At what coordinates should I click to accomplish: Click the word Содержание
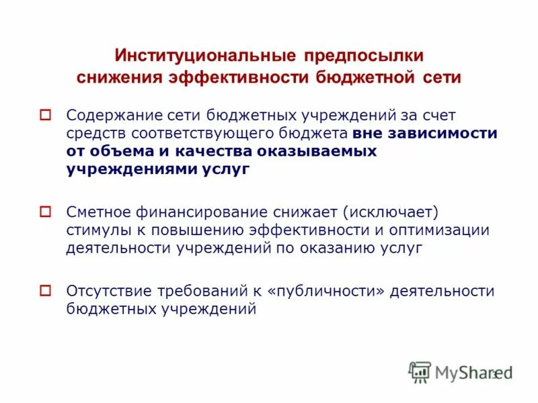(114, 115)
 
